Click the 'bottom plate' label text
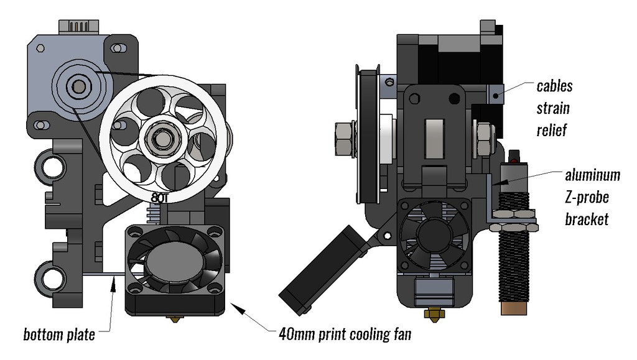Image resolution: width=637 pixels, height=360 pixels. coord(59,335)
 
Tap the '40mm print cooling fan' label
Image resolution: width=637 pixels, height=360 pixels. coord(344,335)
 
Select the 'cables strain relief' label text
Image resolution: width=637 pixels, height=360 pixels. coord(554,108)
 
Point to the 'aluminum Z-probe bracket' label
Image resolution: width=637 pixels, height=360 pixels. coord(592,196)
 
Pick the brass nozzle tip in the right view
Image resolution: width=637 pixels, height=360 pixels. coord(430,313)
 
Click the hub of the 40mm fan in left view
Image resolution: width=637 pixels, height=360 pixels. coord(175,261)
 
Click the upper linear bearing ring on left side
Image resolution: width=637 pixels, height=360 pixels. coord(51,165)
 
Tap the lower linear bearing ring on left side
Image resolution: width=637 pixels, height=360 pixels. coord(51,275)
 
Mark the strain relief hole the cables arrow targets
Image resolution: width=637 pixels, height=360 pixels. coord(495,96)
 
